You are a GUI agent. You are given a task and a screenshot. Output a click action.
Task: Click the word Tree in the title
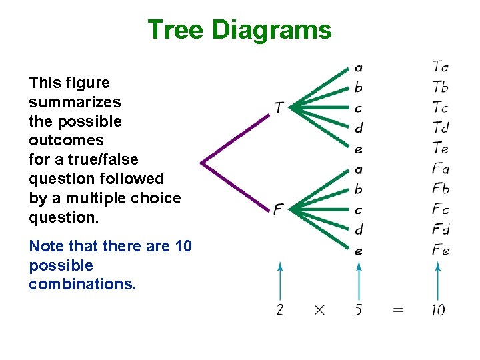coord(176,30)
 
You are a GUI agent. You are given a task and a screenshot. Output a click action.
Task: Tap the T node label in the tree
coord(279,107)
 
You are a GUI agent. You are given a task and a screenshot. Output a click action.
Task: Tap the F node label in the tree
coord(279,209)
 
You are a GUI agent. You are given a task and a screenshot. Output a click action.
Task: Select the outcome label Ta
coord(440,66)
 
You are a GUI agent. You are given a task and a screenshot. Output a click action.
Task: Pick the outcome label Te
coord(440,148)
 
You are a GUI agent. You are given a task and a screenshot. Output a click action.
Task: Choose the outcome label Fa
coord(440,169)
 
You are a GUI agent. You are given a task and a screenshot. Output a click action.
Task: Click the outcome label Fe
coord(440,251)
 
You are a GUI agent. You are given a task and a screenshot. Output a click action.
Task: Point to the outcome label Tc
coord(440,107)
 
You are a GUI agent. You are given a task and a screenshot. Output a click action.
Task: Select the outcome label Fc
coord(440,209)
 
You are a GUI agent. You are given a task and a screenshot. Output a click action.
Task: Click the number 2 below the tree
coord(280,310)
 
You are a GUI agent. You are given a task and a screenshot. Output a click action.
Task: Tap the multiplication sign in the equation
coord(319,310)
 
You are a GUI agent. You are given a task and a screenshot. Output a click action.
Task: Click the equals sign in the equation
coord(398,310)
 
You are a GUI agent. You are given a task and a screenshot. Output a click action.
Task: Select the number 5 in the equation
coord(359,310)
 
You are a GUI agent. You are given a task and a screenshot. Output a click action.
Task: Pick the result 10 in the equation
coord(438,310)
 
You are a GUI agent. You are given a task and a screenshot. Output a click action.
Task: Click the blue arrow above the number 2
coord(280,280)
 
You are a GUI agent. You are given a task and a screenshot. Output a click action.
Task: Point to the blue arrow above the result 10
coord(438,280)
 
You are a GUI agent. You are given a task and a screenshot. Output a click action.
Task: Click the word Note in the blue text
coord(45,246)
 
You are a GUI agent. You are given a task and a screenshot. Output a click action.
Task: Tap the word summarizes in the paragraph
coord(75,102)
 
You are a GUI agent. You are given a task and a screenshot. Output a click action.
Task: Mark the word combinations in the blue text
coord(82,284)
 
